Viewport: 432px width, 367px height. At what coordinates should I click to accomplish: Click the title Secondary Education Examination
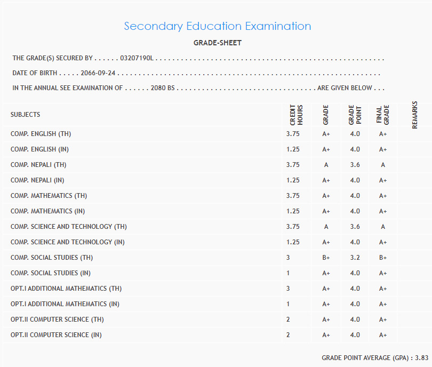pos(217,26)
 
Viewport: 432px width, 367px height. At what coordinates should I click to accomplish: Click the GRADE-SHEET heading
pos(217,43)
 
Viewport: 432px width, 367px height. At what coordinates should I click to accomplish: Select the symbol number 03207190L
pos(137,58)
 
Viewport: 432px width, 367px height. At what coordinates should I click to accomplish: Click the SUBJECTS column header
pos(25,115)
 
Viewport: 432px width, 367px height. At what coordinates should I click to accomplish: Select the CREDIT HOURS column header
pos(296,115)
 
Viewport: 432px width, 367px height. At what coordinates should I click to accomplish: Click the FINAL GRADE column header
pos(383,115)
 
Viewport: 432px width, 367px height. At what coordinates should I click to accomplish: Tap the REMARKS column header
pos(414,115)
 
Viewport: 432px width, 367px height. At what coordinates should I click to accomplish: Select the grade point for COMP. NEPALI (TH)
pos(355,165)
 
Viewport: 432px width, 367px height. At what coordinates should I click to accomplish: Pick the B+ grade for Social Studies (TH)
pos(326,258)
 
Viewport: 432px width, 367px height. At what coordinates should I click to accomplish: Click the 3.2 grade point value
pos(355,258)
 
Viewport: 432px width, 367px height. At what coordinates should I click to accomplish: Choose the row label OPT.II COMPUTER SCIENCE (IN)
pos(56,335)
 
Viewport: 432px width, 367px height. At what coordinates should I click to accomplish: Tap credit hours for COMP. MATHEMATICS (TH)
pos(293,196)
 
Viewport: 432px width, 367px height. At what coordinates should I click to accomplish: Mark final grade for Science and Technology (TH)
pos(383,227)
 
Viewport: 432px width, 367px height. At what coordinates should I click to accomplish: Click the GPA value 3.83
pos(422,357)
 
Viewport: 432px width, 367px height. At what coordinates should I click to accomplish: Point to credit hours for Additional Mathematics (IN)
pos(289,304)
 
